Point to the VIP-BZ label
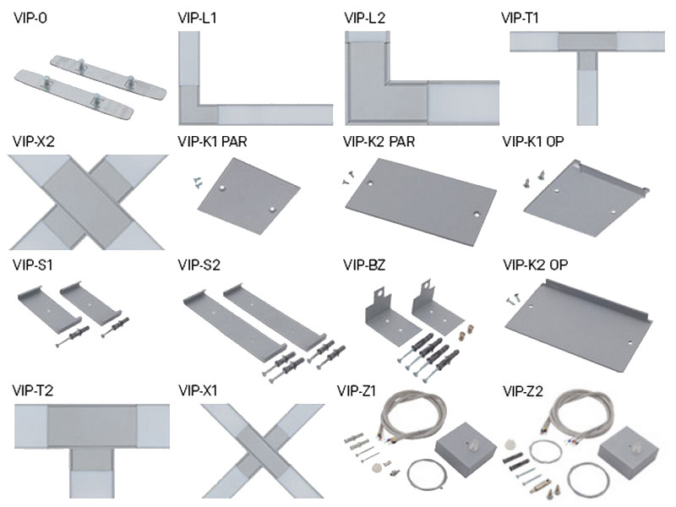tap(364, 264)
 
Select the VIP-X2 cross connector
tap(84, 199)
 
